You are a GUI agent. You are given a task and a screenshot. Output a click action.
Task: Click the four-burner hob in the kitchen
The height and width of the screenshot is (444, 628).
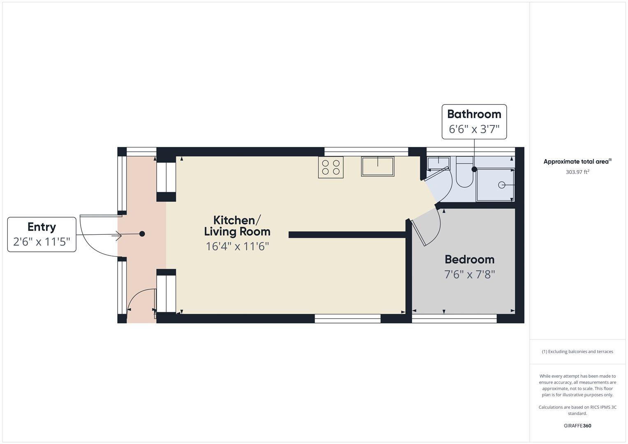[x=331, y=167]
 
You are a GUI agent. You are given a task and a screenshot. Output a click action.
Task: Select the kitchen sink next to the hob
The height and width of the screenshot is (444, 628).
[x=378, y=166]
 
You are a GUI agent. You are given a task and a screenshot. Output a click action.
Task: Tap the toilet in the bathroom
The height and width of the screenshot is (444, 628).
[x=464, y=175]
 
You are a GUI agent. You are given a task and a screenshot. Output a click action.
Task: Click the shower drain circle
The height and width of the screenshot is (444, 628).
[x=502, y=185]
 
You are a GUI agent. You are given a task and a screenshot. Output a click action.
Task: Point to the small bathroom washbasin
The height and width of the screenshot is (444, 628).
[x=438, y=163]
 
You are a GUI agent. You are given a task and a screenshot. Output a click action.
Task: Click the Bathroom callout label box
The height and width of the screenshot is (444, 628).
[x=474, y=122]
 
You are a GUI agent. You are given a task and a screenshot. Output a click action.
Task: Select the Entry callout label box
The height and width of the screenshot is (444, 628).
[x=42, y=234]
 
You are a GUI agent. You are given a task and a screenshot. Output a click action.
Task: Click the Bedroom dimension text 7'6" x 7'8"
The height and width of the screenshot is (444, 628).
[x=469, y=274]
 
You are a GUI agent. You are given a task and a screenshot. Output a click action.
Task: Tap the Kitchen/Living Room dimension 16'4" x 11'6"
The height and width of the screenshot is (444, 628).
[x=237, y=246]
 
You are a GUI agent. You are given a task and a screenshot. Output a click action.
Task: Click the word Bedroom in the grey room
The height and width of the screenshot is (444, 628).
[x=469, y=259]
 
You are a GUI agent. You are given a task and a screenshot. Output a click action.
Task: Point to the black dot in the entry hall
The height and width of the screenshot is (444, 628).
[x=142, y=234]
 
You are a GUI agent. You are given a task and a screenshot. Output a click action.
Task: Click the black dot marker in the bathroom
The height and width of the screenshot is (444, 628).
[x=474, y=169]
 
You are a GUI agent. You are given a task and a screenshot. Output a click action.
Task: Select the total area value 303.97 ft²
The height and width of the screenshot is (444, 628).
[x=577, y=172]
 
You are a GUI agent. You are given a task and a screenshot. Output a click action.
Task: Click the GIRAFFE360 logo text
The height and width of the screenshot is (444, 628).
[x=577, y=425]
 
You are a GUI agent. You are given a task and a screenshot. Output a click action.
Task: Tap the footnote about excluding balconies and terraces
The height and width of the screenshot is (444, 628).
[x=577, y=351]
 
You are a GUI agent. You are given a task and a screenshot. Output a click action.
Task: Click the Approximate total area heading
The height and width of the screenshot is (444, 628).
[x=577, y=162]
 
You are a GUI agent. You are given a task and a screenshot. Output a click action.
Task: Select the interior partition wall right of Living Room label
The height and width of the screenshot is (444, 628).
[x=348, y=235]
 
